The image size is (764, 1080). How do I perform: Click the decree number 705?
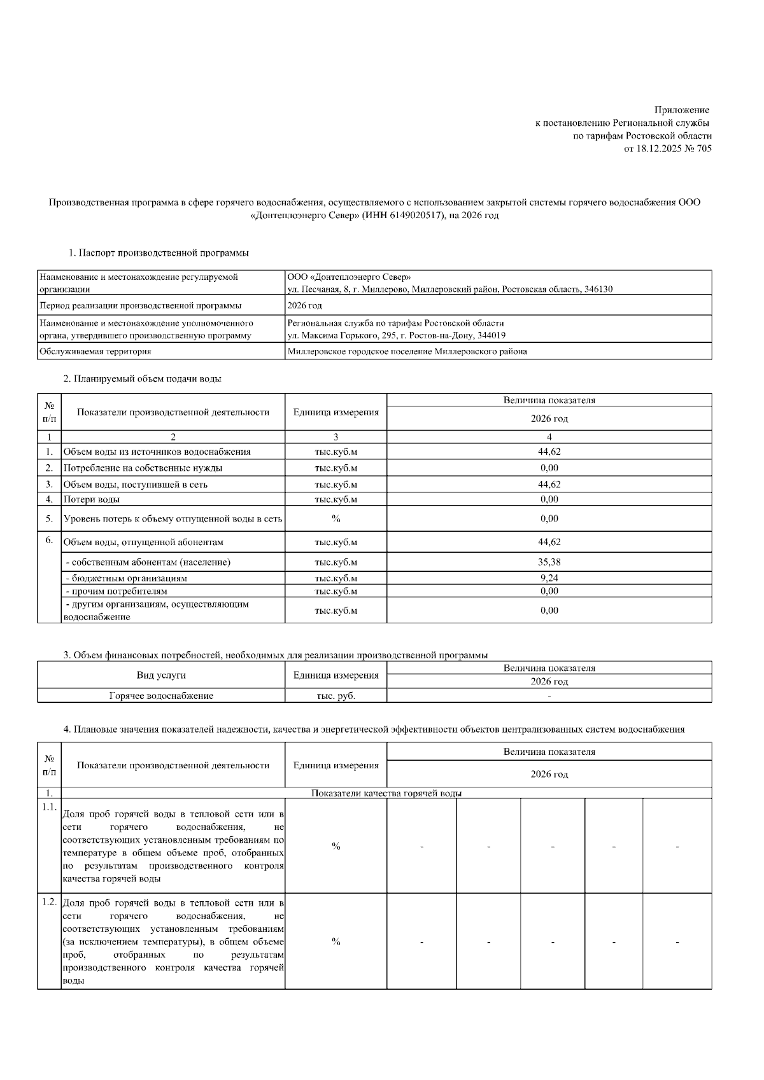(704, 148)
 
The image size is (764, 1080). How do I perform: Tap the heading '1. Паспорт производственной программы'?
(159, 253)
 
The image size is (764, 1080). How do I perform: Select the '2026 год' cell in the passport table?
(304, 305)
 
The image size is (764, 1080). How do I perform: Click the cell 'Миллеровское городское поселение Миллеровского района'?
(407, 351)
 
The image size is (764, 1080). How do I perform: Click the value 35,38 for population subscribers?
(549, 562)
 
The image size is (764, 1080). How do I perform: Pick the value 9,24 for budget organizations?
(549, 578)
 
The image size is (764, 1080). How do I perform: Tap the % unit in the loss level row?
(336, 518)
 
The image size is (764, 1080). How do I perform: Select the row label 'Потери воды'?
(92, 499)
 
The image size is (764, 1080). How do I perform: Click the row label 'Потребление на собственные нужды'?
(143, 468)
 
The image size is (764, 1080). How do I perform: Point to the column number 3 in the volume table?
(336, 437)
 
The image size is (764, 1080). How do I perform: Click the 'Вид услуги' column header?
(161, 675)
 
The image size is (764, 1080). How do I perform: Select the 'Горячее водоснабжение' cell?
(161, 696)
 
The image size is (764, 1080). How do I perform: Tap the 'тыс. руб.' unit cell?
(336, 696)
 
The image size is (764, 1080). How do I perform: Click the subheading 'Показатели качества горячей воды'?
(386, 793)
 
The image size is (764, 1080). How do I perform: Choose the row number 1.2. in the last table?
(49, 902)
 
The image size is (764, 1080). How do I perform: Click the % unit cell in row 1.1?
(336, 846)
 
